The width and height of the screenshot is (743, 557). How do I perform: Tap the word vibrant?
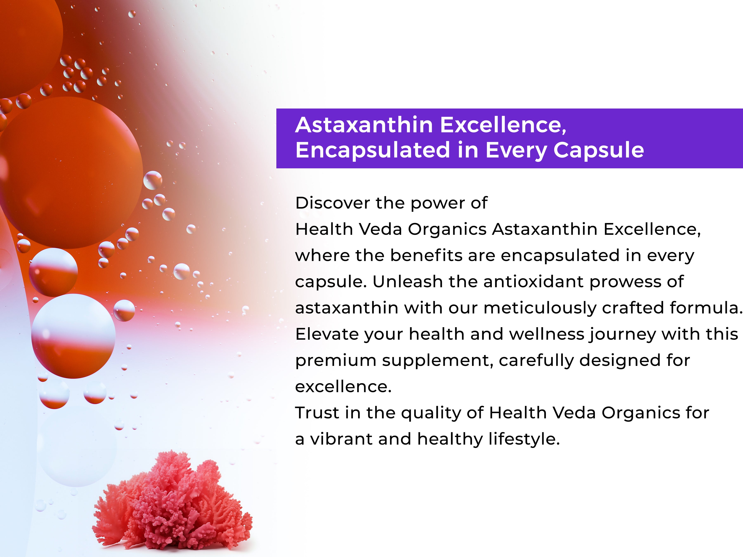(341, 439)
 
